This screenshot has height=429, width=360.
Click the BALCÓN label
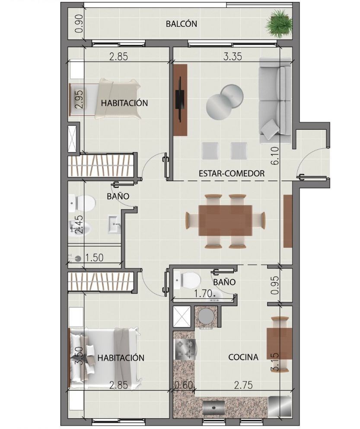point(181,24)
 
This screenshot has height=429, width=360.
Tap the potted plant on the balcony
point(277,23)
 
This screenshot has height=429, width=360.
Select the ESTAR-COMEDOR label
point(232,173)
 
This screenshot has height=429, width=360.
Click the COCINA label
point(243,357)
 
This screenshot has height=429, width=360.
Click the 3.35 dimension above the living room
point(233,56)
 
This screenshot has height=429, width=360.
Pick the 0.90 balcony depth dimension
point(79,23)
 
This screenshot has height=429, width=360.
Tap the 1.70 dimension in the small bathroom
point(203,294)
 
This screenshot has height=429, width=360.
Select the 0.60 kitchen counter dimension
point(184,385)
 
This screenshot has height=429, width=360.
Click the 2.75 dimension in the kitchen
point(243,385)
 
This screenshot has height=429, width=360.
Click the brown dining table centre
point(225,220)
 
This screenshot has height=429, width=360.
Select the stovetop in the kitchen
point(185,349)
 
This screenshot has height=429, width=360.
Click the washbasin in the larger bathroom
point(114,224)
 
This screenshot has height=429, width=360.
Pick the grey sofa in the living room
point(275,100)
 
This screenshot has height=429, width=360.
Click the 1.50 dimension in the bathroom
point(94,257)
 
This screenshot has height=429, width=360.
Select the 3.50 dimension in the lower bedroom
point(79,355)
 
